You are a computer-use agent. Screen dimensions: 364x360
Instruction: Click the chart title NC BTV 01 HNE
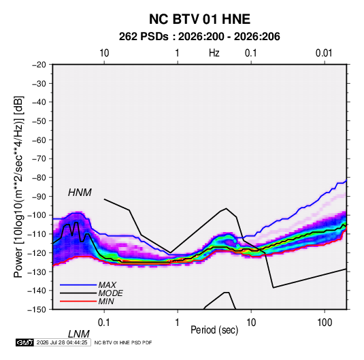tap(199, 19)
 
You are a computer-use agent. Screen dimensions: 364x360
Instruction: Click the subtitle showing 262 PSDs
tap(199, 37)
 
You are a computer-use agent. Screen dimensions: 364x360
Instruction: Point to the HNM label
tap(80, 193)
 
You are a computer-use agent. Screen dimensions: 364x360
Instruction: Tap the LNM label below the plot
tap(78, 334)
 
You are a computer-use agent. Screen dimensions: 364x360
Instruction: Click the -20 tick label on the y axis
tap(39, 65)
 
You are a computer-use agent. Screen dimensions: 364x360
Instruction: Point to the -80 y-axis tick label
tap(39, 178)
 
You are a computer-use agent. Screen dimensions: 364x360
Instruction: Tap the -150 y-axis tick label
tap(37, 310)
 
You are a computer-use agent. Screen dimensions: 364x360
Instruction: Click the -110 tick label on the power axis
tap(37, 234)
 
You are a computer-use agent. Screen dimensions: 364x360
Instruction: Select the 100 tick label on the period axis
tap(325, 322)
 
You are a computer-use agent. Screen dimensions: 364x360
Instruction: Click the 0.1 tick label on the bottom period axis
tap(103, 322)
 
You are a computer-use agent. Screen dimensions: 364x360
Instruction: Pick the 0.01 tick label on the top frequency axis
tap(324, 53)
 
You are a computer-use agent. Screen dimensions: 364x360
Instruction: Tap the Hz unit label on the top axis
tap(214, 53)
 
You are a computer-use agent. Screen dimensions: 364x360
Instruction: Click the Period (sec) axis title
tap(214, 330)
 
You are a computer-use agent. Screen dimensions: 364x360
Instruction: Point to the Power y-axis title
tap(18, 186)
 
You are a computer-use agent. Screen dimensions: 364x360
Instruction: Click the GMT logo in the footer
tap(25, 342)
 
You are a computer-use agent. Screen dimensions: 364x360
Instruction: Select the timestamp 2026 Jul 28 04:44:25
tap(62, 342)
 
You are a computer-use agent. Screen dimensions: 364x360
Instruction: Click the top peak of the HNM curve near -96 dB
tap(226, 208)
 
